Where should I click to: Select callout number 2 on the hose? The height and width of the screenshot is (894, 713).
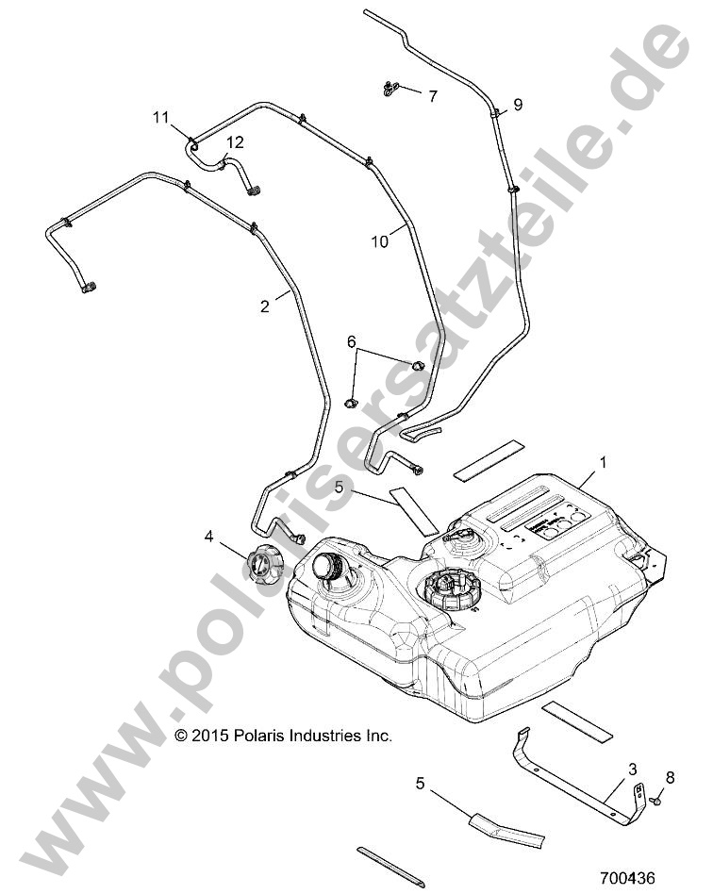(x=264, y=305)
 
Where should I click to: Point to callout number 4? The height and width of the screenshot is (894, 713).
(x=208, y=538)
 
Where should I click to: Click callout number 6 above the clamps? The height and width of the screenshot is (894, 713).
(x=353, y=340)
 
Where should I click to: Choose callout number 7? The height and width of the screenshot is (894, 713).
(x=433, y=96)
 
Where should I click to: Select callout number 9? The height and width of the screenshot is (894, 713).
(x=517, y=103)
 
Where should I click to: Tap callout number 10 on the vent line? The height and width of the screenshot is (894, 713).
(x=379, y=241)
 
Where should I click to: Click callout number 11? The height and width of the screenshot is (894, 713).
(x=161, y=117)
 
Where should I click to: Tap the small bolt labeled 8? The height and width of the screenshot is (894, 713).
(x=654, y=800)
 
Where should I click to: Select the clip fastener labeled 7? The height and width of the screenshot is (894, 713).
(x=390, y=90)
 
